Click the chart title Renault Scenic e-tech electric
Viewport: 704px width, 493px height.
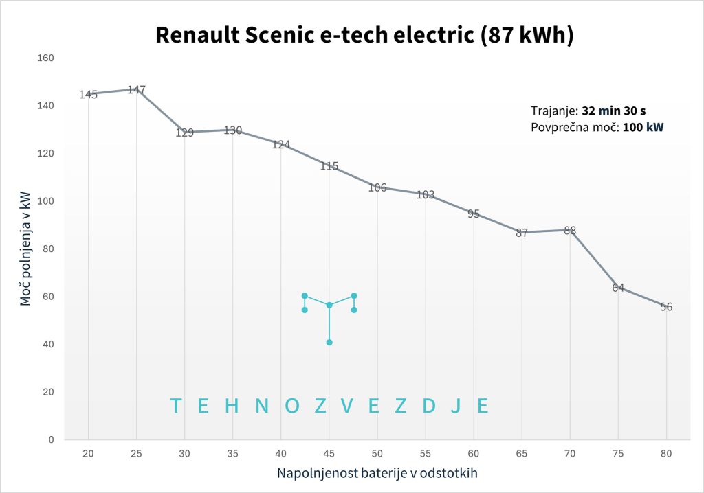point(364,34)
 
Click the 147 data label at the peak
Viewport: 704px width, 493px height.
point(136,90)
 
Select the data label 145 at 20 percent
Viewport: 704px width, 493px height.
point(88,95)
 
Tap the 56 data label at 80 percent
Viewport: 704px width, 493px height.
point(665,307)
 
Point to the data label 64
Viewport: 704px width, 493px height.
point(617,288)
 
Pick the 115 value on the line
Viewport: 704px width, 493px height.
point(329,166)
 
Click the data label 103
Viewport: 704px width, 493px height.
point(425,195)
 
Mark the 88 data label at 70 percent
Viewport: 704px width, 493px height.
point(569,231)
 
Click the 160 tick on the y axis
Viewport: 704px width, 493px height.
point(45,58)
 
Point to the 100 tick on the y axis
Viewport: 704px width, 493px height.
point(45,201)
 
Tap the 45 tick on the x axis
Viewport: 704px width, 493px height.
point(329,453)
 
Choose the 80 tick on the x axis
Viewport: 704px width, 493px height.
point(665,453)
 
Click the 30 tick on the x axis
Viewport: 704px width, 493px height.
point(184,453)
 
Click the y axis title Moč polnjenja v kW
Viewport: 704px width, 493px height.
point(25,249)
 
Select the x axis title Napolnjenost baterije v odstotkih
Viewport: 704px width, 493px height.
point(377,473)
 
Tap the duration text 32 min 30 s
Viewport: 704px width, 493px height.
point(613,111)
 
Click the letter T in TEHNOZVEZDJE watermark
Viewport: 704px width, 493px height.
point(176,406)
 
